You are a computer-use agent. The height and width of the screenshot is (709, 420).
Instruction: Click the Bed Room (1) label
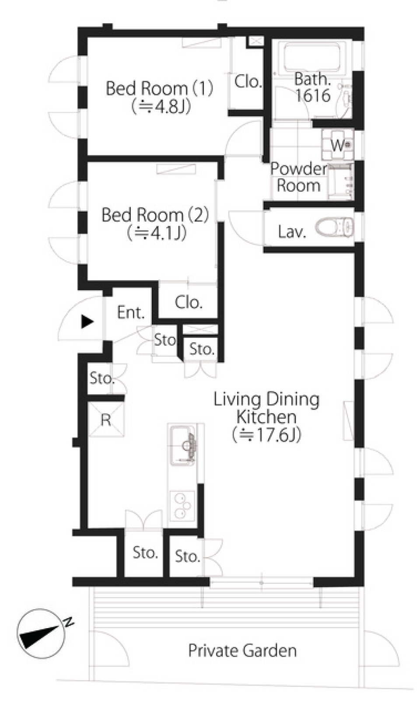tap(160, 88)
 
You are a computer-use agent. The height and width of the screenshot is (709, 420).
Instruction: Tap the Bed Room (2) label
tap(155, 215)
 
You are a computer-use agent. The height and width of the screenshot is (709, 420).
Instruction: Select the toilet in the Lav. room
tap(335, 228)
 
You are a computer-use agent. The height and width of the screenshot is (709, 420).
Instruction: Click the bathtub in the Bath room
tap(311, 57)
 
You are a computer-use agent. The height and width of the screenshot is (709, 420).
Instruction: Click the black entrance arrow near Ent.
tap(87, 322)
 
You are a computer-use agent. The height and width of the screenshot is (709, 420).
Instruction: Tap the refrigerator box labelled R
tap(106, 420)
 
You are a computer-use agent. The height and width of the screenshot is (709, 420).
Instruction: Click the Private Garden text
tap(242, 651)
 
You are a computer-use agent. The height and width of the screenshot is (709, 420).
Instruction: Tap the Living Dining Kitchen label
tap(266, 408)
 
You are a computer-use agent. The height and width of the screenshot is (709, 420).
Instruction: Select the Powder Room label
tap(298, 177)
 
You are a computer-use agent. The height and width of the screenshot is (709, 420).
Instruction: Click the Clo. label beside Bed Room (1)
tap(248, 81)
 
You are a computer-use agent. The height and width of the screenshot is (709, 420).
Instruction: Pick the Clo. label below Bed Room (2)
tap(189, 302)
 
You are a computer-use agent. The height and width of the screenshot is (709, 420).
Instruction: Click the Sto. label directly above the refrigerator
tap(101, 378)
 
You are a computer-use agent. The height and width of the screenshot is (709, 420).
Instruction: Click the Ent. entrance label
tap(131, 313)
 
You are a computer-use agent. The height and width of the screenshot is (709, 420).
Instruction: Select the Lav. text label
tap(291, 232)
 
